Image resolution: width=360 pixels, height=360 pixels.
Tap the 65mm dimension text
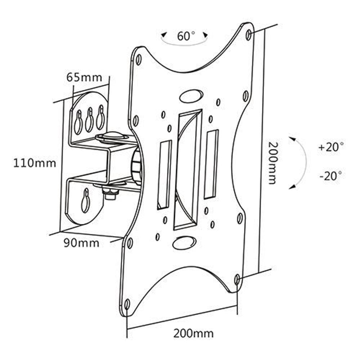tap(84, 77)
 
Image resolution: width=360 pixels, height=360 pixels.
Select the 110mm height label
tap(35, 163)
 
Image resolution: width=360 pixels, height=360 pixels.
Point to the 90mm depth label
tap(81, 243)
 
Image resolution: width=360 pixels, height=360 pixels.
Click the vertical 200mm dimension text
tap(273, 162)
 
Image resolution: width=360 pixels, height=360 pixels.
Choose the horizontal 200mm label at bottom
tap(193, 334)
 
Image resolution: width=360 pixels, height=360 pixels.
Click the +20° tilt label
tap(331, 147)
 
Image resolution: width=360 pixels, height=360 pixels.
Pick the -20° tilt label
tap(330, 176)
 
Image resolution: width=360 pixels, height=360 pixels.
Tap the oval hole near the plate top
tap(191, 96)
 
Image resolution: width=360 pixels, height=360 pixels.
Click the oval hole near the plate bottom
tap(184, 243)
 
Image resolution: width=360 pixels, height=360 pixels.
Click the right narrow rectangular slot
tap(211, 164)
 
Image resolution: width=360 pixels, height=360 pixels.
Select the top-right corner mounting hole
tap(248, 35)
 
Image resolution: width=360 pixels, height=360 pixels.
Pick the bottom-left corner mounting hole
tap(127, 304)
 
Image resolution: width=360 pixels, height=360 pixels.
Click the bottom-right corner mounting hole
tap(237, 279)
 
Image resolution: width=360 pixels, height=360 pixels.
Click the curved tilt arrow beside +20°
tap(302, 162)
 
